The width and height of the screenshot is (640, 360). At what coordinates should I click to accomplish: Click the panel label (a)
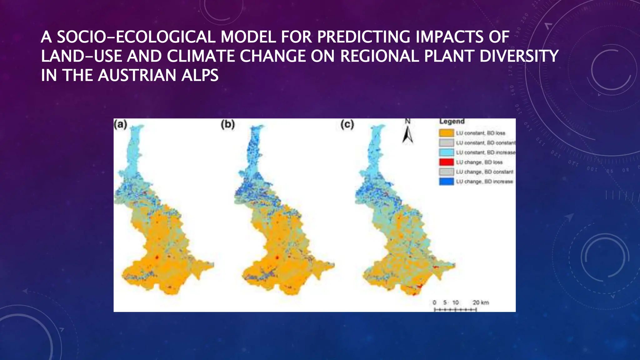click(x=120, y=124)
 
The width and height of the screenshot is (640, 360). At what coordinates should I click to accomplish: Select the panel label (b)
click(x=227, y=124)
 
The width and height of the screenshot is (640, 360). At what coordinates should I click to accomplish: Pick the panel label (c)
click(x=347, y=124)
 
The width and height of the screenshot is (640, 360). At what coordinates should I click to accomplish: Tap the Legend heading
click(x=452, y=121)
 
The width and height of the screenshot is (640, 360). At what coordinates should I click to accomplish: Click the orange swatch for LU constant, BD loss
click(x=446, y=133)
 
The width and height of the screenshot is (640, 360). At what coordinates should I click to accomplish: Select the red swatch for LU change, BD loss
click(x=446, y=162)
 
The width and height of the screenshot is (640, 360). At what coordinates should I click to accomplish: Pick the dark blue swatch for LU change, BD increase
click(x=446, y=182)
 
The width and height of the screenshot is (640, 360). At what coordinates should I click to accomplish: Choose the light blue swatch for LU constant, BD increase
click(x=446, y=152)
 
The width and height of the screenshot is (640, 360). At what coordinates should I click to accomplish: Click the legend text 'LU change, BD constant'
click(x=484, y=172)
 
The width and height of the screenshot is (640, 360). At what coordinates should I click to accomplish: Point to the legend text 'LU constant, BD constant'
click(x=485, y=143)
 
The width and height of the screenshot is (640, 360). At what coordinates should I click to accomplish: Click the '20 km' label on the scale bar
click(x=481, y=302)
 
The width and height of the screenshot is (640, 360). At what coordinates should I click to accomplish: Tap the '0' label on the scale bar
click(x=434, y=302)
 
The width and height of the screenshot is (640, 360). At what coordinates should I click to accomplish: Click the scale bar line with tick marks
click(x=455, y=310)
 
